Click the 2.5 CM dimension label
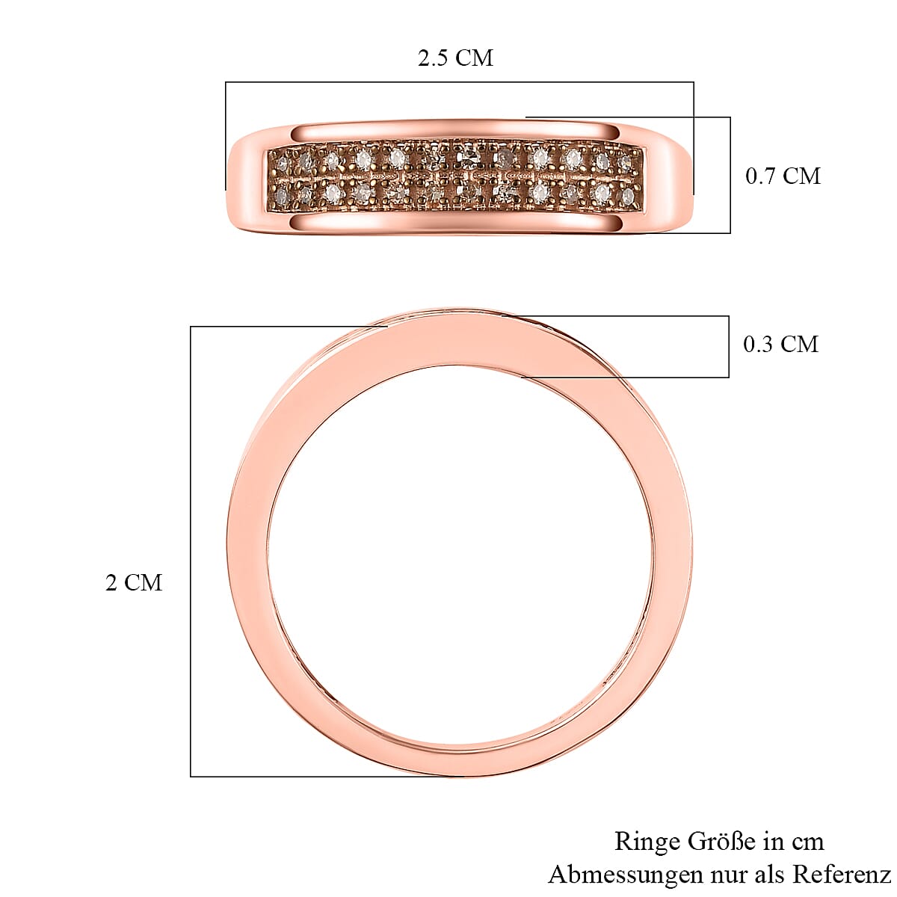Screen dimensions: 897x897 [x=455, y=58]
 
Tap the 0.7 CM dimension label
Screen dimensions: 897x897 [x=783, y=176]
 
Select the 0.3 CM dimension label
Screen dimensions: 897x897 [x=780, y=345]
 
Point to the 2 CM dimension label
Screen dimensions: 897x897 [x=134, y=583]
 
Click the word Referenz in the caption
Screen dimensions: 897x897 [x=842, y=874]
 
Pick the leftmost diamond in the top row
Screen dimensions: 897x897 [x=282, y=161]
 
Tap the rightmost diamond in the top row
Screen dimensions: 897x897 [x=625, y=161]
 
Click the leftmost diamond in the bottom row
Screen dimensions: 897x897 [x=280, y=196]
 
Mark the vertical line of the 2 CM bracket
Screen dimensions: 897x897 [x=191, y=553]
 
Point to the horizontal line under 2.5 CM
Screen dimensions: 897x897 [x=460, y=82]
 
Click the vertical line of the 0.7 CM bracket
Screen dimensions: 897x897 [x=730, y=176]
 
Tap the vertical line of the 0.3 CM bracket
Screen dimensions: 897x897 [x=729, y=346]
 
